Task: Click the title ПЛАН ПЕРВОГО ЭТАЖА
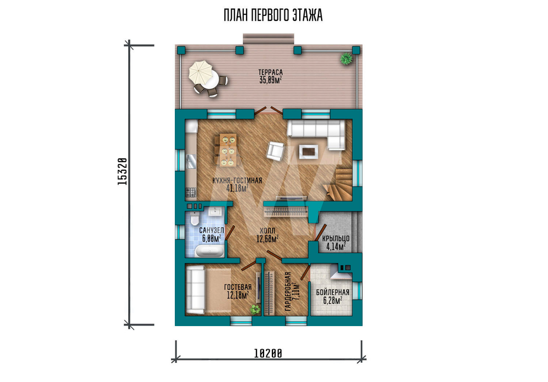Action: point(273,15)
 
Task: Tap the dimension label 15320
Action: point(122,171)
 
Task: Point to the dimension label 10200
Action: point(268,354)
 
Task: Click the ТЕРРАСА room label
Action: point(271,72)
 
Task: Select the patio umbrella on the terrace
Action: point(201,72)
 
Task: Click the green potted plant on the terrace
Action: point(346,58)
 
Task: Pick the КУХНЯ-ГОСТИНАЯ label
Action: point(237,181)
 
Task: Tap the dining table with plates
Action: point(227,150)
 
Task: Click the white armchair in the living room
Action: point(276,151)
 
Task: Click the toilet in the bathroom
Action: point(195,219)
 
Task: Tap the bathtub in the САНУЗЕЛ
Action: point(209,251)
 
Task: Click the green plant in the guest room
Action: point(255,309)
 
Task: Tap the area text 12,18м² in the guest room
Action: point(238,295)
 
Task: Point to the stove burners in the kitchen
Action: point(191,192)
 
